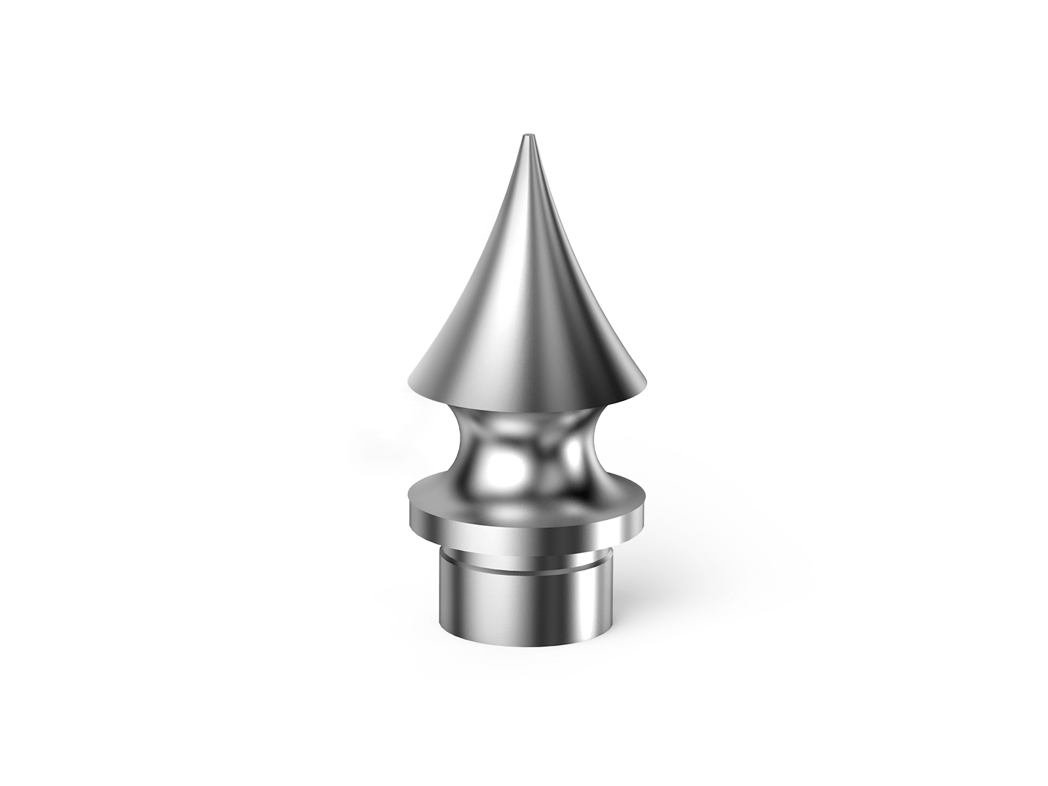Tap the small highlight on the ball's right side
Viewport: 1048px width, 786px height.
571,458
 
